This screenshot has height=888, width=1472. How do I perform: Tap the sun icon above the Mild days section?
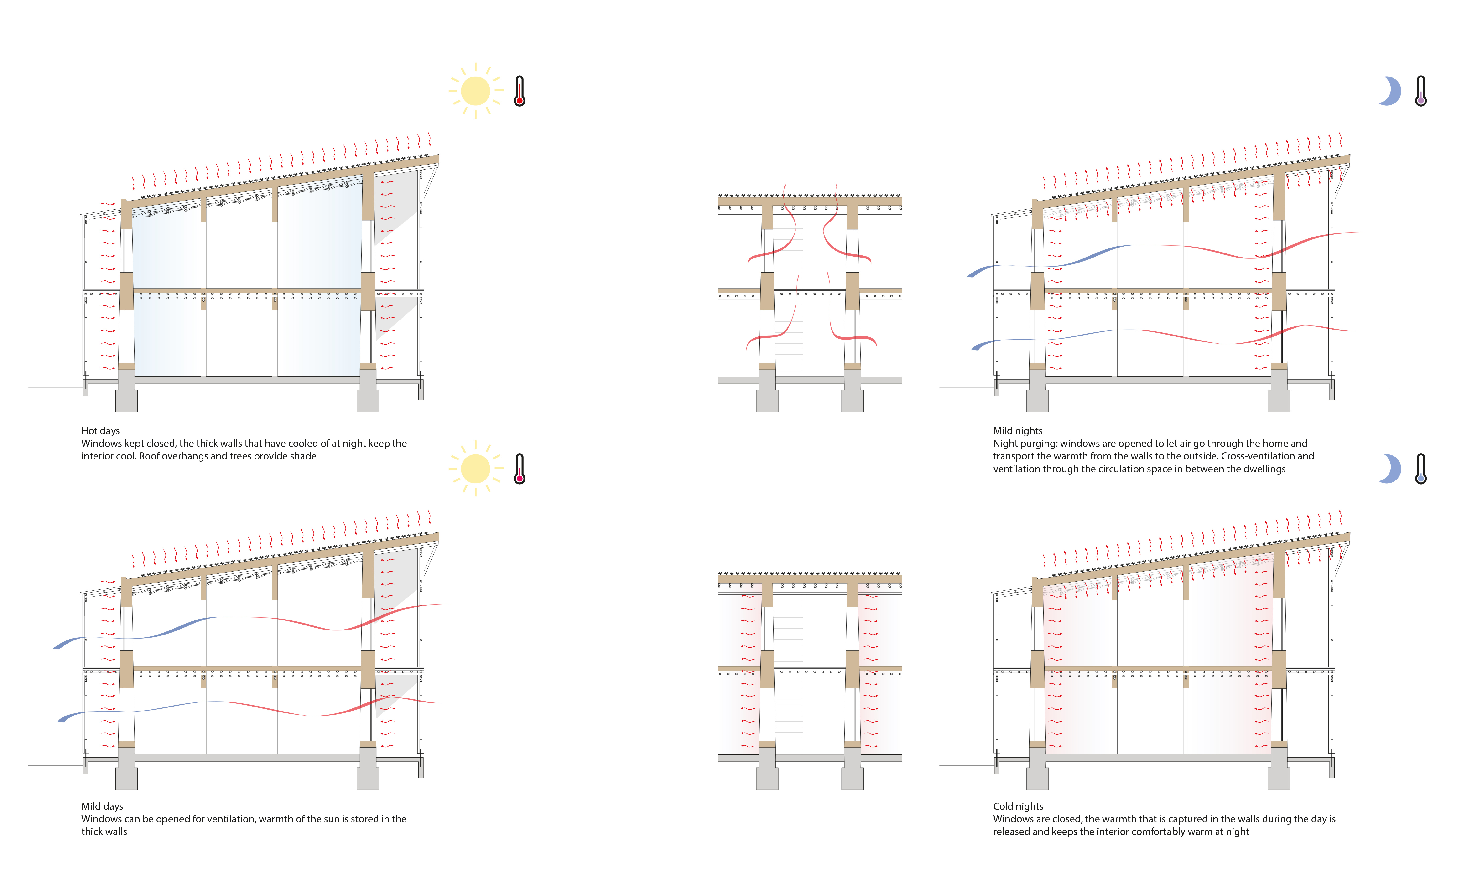pyautogui.click(x=476, y=468)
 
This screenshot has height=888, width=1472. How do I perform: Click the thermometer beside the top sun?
pyautogui.click(x=520, y=91)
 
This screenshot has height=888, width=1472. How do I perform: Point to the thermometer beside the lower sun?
pyautogui.click(x=520, y=469)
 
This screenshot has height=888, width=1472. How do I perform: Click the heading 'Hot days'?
pyautogui.click(x=100, y=431)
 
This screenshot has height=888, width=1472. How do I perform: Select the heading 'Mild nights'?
pyautogui.click(x=1018, y=431)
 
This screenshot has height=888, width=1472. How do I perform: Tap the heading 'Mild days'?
pyautogui.click(x=102, y=806)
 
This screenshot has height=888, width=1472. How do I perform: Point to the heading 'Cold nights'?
pyautogui.click(x=1018, y=806)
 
